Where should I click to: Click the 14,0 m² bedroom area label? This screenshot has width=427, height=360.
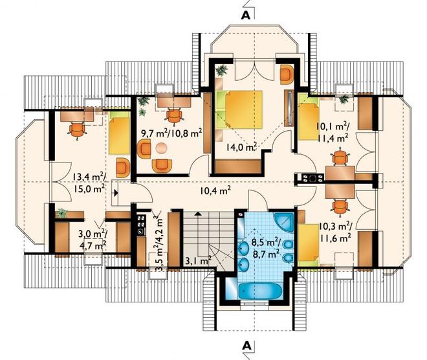[x=241, y=147]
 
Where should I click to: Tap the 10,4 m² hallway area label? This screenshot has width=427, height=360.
[x=215, y=190]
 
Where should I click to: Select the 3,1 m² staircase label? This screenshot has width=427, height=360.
[x=199, y=261]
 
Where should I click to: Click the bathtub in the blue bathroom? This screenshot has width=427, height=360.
[x=260, y=291]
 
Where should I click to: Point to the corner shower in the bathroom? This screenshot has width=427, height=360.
[x=284, y=222]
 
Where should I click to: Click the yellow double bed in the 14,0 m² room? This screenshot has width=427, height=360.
[x=239, y=109]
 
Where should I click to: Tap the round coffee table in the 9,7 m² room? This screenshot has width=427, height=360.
[x=162, y=148]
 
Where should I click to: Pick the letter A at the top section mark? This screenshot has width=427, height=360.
[x=246, y=16]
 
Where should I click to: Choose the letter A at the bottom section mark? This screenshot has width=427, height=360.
[x=246, y=346]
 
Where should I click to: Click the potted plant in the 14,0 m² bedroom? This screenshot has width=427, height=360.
[x=221, y=71]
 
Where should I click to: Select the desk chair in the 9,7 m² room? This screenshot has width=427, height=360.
[x=174, y=116]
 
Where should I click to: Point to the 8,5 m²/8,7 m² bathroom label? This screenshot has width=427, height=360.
[x=266, y=248]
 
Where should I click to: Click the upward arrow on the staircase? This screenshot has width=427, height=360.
[x=199, y=214]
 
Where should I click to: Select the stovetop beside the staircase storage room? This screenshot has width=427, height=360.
[x=142, y=225]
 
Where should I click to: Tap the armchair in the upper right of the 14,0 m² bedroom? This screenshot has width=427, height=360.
[x=287, y=74]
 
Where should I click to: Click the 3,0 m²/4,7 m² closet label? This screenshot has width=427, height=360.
[x=92, y=240]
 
